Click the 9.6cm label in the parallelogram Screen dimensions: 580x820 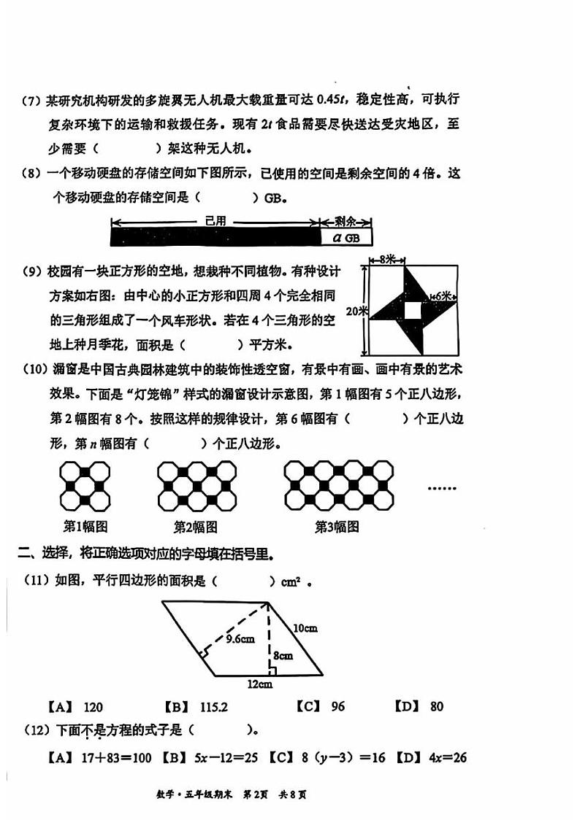240,639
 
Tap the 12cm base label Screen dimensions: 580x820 259,684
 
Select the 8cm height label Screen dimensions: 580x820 283,655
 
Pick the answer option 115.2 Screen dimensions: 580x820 196,706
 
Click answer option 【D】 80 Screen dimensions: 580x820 419,706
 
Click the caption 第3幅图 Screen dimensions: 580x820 337,526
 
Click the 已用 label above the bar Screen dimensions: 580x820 215,221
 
